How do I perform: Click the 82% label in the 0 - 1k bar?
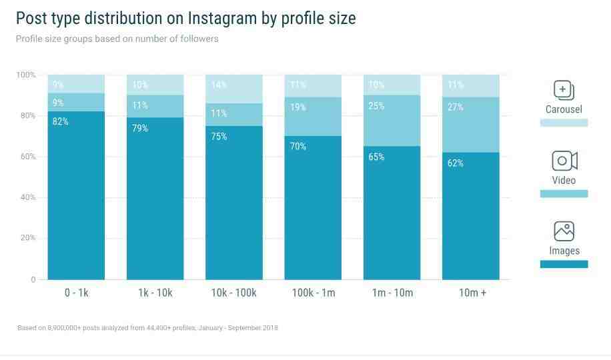60,122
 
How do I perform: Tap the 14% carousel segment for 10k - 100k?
234,89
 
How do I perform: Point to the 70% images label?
297,147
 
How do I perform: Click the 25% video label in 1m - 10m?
376,106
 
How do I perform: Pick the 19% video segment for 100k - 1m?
313,117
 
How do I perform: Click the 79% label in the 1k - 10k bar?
139,129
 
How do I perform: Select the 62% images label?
455,163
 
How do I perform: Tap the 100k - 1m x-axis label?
313,293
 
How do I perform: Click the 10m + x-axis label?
472,293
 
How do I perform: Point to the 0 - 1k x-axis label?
76,293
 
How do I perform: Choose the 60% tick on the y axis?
26,157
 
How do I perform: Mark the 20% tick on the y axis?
26,238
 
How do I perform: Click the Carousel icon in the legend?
564,90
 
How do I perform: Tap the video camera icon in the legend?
564,161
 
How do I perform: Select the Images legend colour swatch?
564,264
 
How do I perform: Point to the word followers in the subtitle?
196,39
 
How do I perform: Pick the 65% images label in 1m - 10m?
376,157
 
